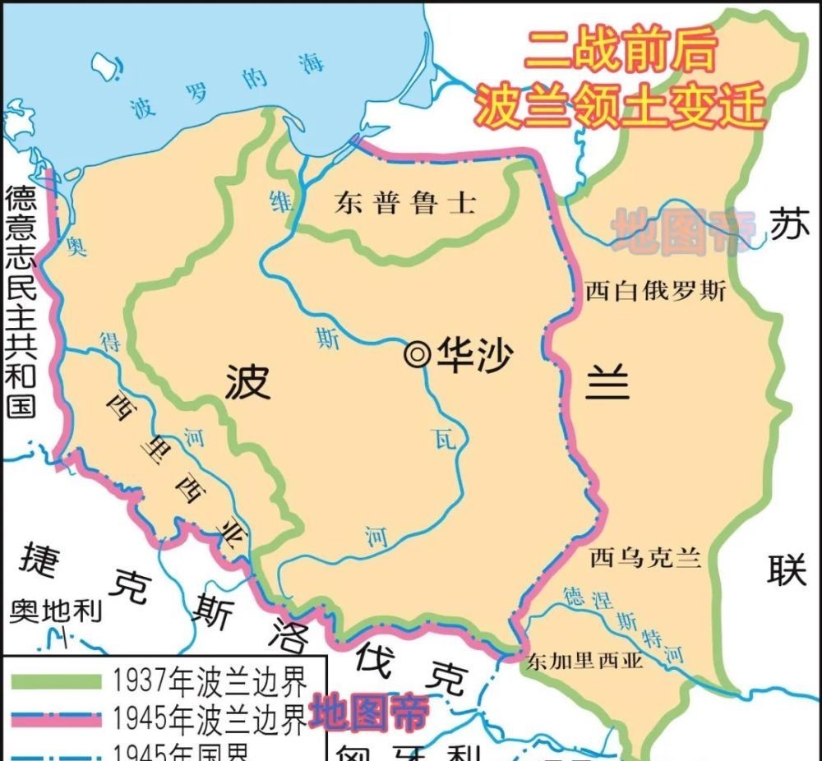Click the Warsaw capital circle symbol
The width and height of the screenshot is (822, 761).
418,355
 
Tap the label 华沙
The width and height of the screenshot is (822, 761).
474,356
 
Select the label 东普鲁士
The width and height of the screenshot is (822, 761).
404,203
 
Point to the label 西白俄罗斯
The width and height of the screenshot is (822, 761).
656,291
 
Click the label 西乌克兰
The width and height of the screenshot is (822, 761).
646,559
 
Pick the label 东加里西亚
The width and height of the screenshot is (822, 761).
586,660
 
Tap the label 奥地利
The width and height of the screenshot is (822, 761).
57,611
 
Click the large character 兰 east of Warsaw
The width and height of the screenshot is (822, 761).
607,381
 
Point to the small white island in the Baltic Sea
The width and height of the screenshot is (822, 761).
104,66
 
